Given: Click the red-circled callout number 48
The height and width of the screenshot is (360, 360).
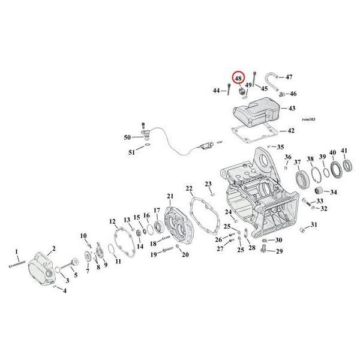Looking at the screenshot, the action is pos(239,79).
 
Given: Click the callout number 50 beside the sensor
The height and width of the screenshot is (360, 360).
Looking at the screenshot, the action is pos(127,137).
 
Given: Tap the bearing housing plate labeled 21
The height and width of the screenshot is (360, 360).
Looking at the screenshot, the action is pos(179,226).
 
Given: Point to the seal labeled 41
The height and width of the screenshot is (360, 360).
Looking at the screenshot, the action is pos(347,166).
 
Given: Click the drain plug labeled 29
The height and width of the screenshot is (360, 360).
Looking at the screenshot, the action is pos(264,248).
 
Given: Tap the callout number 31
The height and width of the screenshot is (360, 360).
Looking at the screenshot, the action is pos(314,224).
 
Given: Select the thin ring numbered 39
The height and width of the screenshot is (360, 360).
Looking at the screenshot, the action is pos(326,172).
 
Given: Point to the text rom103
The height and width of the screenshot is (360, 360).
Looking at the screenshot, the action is pos(308,119).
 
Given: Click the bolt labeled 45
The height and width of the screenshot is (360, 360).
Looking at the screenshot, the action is pos(254,79).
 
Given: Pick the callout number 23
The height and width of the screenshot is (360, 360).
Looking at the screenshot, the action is pos(208,184).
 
